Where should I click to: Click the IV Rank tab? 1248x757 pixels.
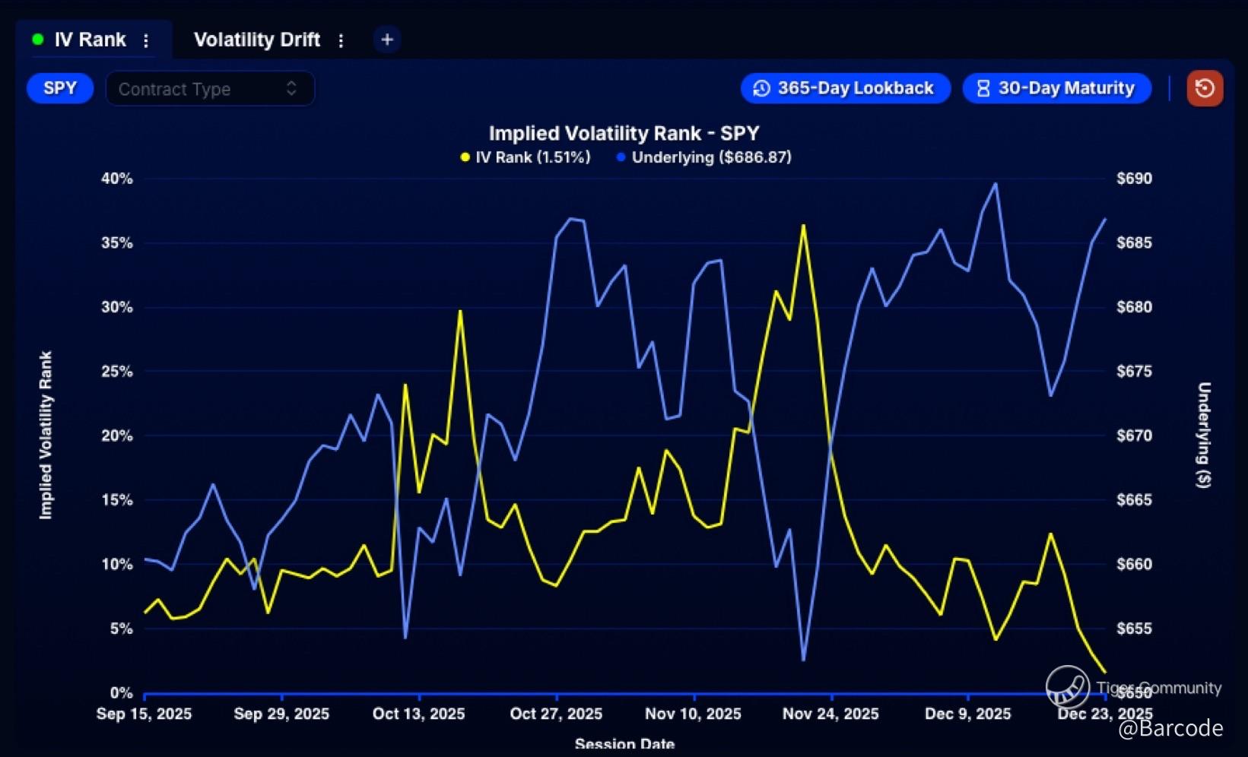point(88,40)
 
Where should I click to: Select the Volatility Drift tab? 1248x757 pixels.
point(256,40)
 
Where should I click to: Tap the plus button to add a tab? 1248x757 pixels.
point(387,40)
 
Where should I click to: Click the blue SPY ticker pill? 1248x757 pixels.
point(60,88)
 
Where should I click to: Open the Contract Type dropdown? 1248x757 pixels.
point(209,89)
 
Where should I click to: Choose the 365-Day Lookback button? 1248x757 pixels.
point(845,88)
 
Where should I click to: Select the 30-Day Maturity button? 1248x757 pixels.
point(1056,88)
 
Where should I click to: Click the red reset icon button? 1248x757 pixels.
point(1205,88)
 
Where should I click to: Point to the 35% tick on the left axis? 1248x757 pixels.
point(117,243)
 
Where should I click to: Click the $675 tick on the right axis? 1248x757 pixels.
point(1134,372)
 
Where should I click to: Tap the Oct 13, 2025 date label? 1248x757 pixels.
point(418,714)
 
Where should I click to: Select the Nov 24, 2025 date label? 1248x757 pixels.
point(830,714)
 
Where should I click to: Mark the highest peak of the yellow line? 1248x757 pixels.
point(803,225)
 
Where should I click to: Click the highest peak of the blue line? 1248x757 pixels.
point(996,184)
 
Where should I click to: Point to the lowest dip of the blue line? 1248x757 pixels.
point(803,660)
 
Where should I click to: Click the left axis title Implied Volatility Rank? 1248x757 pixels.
point(46,435)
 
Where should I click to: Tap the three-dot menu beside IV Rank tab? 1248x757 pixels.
point(146,40)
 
